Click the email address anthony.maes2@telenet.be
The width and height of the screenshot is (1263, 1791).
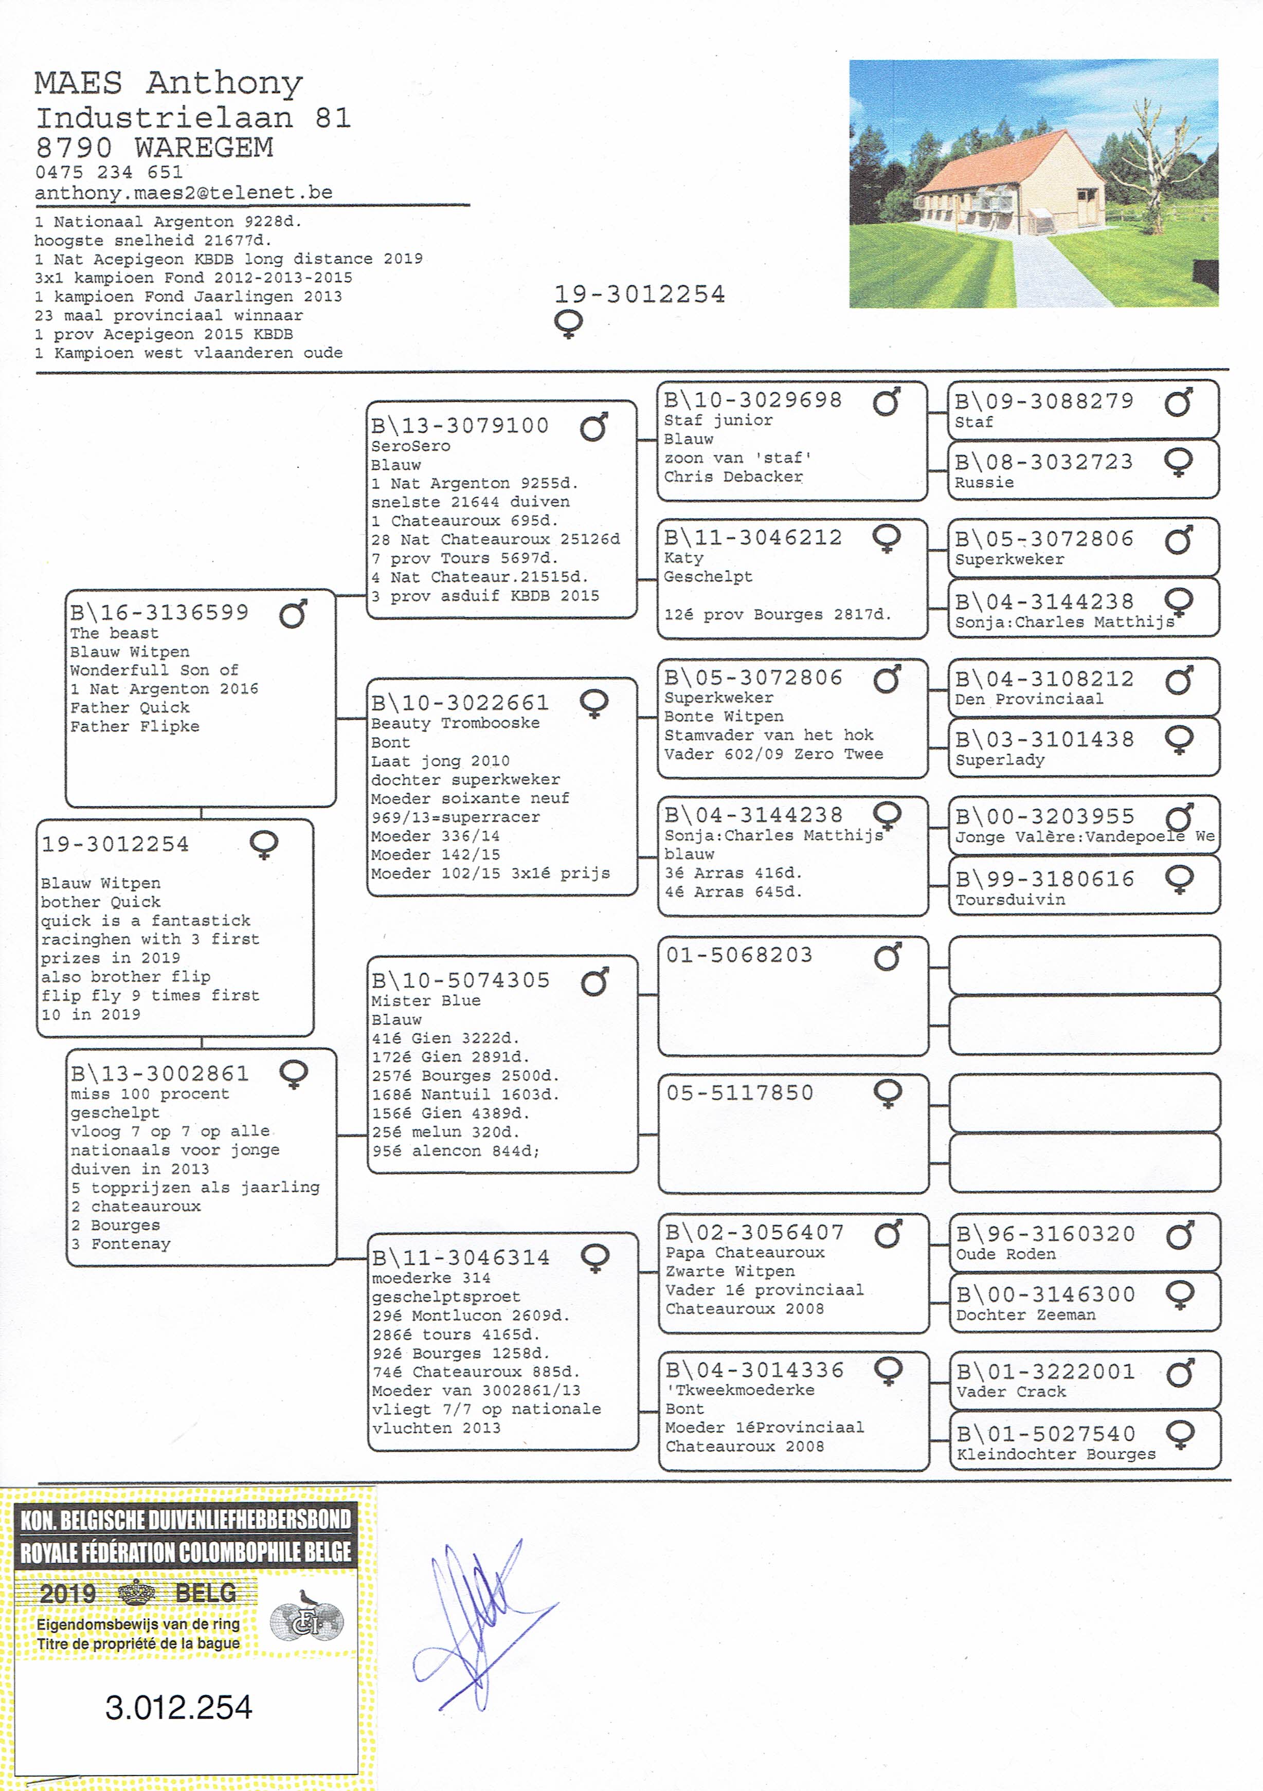183,193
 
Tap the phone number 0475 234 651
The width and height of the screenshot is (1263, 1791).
109,172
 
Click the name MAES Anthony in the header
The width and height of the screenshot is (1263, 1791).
169,83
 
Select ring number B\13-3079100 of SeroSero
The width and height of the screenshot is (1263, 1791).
460,426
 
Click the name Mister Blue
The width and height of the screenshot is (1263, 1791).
425,1001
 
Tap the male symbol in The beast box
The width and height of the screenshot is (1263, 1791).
293,615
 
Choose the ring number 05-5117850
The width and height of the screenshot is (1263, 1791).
739,1093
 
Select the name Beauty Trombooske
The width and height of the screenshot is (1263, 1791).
455,723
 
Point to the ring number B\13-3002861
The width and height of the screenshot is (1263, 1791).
160,1073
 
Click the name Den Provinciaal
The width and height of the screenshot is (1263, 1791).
1028,699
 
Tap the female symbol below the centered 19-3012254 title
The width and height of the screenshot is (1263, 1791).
568,324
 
